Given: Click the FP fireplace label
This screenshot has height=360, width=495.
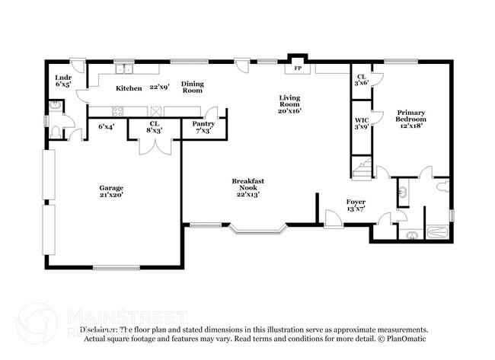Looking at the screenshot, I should (297, 68).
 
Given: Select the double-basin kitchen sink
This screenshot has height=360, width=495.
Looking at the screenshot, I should (125, 69).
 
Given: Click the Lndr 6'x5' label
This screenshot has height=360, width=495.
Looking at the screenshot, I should (63, 81).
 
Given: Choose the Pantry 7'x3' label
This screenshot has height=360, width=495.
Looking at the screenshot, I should (203, 127).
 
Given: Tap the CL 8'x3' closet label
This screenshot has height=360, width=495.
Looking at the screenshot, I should (155, 127).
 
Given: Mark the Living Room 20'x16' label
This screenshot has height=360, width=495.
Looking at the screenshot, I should (290, 104).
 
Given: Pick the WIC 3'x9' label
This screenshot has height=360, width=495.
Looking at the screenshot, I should (362, 123).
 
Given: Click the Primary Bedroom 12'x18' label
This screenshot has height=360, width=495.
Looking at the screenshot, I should (411, 119).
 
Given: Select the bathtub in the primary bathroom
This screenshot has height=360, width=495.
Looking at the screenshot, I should (436, 234).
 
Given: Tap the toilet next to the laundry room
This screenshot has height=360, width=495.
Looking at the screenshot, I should (56, 131).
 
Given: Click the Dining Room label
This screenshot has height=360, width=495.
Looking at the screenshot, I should (192, 87).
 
